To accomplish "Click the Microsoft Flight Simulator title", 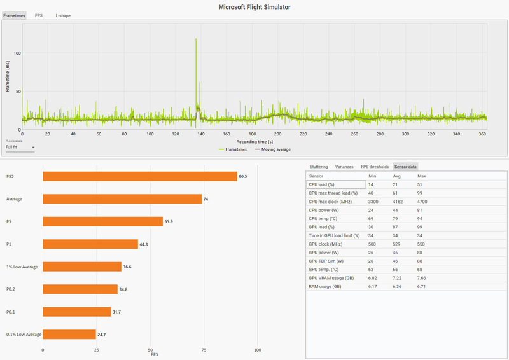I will coord(254,6).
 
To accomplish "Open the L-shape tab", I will coord(63,15).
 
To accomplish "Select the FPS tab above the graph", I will coord(39,15).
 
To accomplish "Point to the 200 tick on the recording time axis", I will coord(278,134).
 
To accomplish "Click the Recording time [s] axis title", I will coord(254,141).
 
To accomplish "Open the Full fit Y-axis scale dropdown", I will coord(20,147).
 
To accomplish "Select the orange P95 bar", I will coord(139,176).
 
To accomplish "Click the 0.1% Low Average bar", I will coord(69,334).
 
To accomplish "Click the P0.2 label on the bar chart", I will coord(12,289).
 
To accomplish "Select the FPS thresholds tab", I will coord(375,167).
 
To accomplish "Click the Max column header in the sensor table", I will coord(422,176).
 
